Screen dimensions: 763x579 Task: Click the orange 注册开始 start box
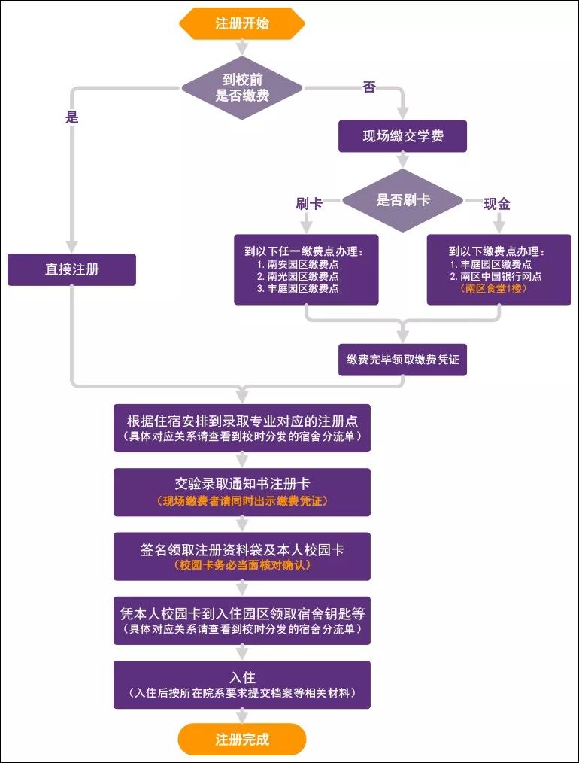(x=241, y=23)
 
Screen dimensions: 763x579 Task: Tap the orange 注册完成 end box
(x=241, y=739)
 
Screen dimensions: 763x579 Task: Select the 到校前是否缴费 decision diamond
(x=241, y=88)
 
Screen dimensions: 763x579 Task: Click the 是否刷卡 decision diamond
(x=403, y=200)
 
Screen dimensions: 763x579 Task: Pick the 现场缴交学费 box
(x=402, y=137)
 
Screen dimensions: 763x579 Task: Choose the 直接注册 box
(x=71, y=269)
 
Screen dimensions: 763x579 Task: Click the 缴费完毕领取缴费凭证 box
(x=402, y=360)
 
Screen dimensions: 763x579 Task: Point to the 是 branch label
(x=72, y=117)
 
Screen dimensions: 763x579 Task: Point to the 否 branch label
(x=369, y=88)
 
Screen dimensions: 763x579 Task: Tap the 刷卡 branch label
(x=309, y=203)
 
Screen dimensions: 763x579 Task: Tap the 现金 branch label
(x=497, y=203)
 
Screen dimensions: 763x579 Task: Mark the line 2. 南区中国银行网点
(x=496, y=276)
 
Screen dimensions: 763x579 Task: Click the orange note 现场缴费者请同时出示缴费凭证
(x=241, y=500)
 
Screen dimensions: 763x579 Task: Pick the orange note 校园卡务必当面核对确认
(x=241, y=564)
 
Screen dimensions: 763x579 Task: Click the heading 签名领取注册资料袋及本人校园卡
(x=241, y=549)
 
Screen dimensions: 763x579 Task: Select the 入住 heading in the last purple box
(x=241, y=676)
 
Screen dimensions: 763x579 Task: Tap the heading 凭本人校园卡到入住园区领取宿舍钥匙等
(x=241, y=613)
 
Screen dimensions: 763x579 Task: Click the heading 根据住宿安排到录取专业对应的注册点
(x=241, y=421)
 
